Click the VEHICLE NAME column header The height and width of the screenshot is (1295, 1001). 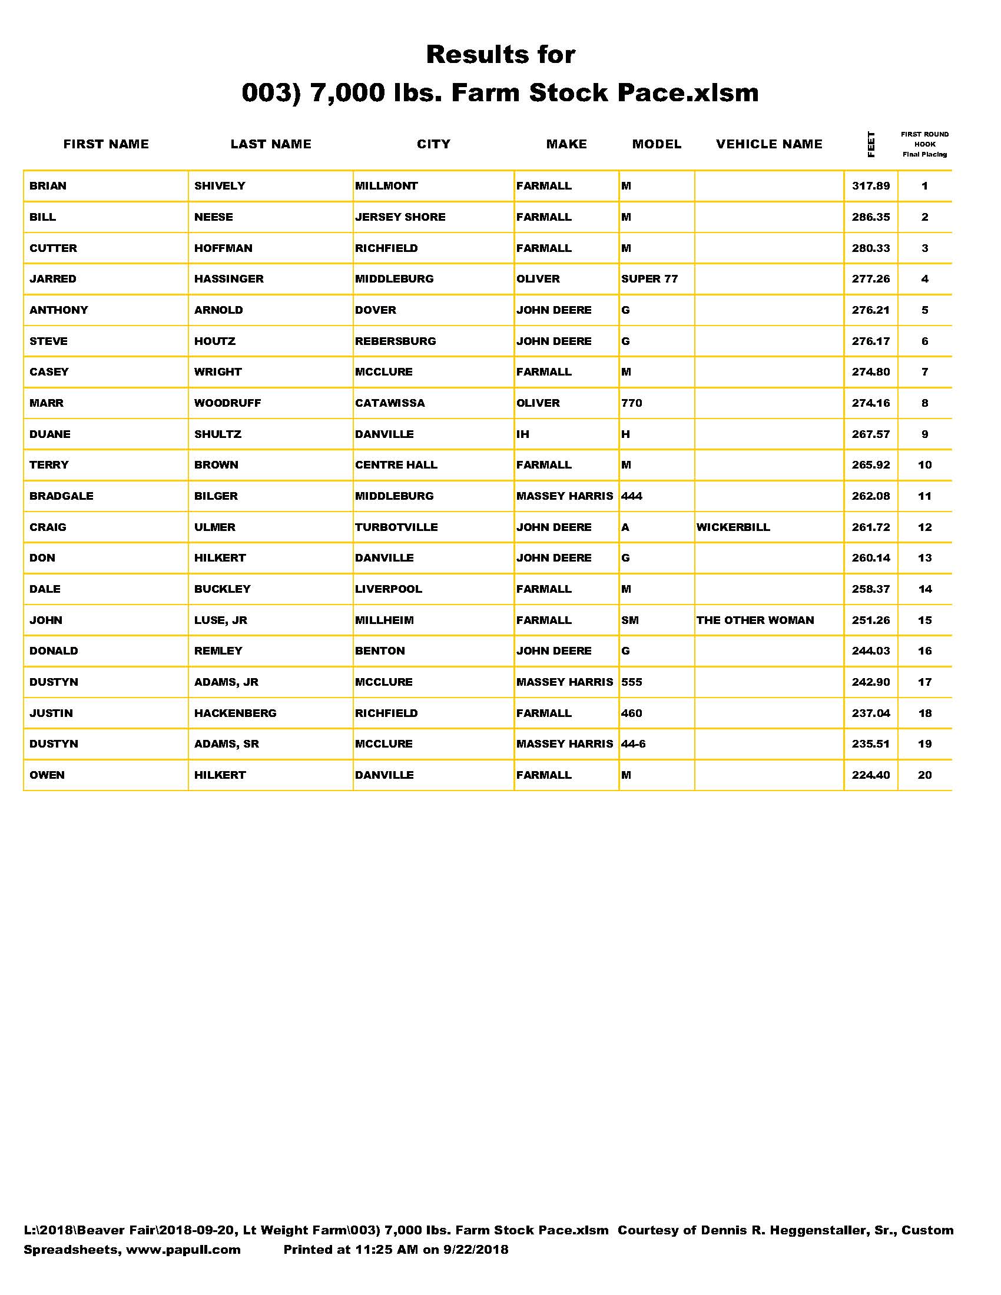(x=768, y=144)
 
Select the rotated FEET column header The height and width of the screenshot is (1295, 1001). (x=870, y=144)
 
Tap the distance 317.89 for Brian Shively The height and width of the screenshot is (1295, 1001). (x=870, y=186)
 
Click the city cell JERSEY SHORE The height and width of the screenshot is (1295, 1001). (x=400, y=217)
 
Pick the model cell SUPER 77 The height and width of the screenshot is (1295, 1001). (x=649, y=279)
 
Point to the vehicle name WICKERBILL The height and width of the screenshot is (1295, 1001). (x=733, y=527)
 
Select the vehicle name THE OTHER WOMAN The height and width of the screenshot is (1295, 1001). (x=755, y=620)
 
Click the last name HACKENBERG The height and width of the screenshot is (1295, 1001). (x=236, y=713)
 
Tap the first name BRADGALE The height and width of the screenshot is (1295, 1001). (x=62, y=496)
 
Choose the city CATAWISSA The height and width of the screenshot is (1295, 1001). (x=390, y=403)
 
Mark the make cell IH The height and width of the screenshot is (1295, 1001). (x=522, y=434)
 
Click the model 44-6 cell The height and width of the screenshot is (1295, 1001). (x=634, y=744)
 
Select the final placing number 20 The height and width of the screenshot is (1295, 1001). (x=924, y=775)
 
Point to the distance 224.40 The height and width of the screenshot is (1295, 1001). (x=870, y=775)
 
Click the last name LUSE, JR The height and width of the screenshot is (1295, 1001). (x=221, y=620)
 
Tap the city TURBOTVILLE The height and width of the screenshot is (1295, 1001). (x=396, y=527)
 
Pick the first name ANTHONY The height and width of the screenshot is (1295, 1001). (x=59, y=310)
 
